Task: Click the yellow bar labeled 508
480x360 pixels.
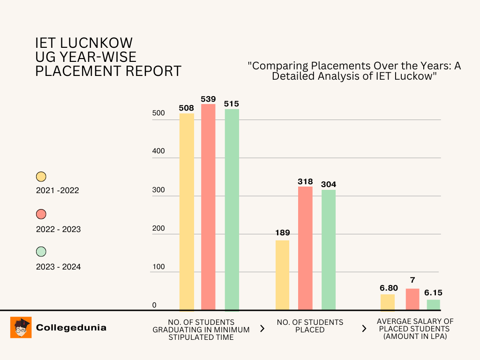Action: click(x=187, y=211)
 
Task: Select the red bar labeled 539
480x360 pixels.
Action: click(x=208, y=206)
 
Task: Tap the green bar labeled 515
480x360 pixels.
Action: click(x=232, y=209)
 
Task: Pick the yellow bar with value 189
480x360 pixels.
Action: click(x=282, y=275)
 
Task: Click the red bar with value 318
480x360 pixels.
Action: click(x=305, y=248)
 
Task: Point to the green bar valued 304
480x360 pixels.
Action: click(x=329, y=249)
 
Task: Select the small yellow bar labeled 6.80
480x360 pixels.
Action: click(x=388, y=302)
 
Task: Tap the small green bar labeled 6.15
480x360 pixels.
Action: click(x=434, y=304)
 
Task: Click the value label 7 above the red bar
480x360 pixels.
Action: click(x=412, y=280)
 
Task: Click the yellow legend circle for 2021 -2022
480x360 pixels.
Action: click(x=41, y=177)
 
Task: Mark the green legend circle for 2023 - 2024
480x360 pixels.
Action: click(x=41, y=252)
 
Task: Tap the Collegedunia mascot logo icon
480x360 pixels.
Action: click(x=21, y=327)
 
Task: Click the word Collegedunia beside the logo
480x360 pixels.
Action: click(x=71, y=328)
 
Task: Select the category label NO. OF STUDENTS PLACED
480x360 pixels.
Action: click(x=310, y=326)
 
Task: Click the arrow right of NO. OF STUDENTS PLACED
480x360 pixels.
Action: click(x=364, y=329)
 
